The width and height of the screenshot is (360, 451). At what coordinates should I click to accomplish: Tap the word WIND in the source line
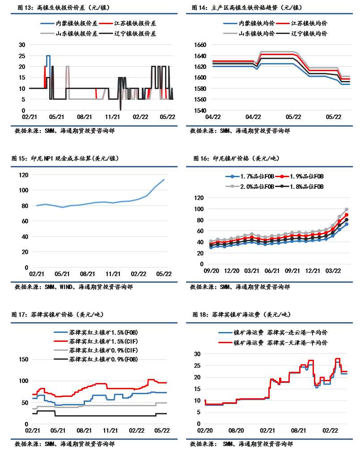click(67, 287)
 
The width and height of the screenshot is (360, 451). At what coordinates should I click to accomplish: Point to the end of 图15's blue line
click(164, 179)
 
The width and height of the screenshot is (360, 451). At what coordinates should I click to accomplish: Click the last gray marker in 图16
click(347, 209)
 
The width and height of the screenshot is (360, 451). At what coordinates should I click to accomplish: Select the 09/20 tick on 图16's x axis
click(210, 271)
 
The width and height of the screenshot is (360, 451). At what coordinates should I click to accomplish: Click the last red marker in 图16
click(347, 215)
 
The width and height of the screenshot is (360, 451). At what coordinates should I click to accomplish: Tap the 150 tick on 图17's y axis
click(22, 360)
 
